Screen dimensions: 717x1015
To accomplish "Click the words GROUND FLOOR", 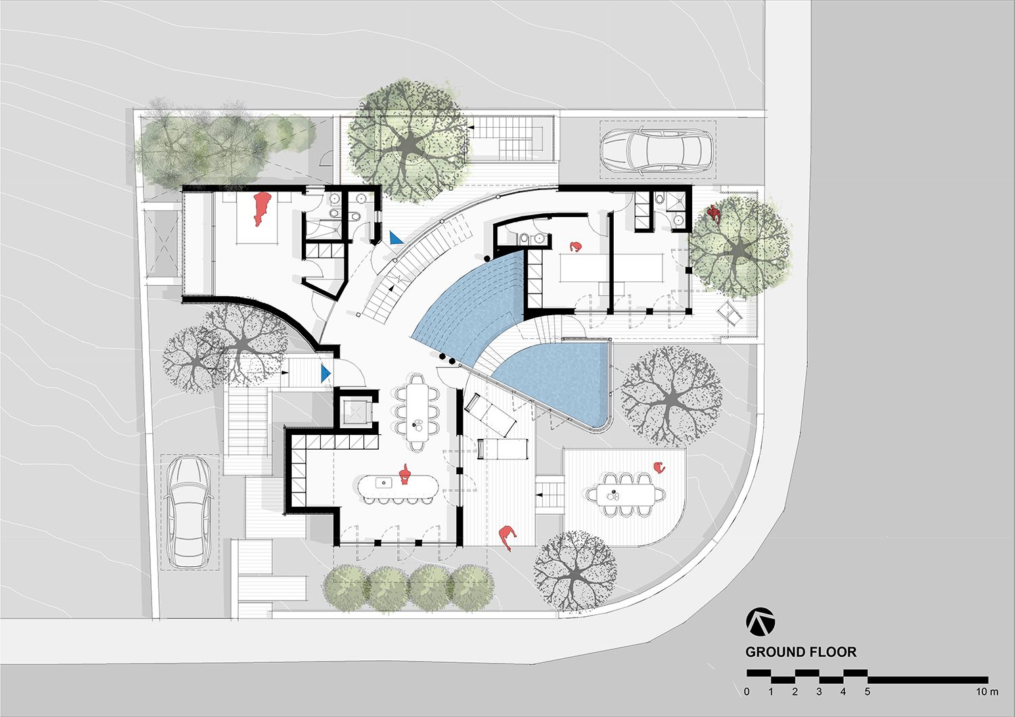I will coord(800,652).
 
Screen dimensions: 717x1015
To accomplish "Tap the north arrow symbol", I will coord(761,622).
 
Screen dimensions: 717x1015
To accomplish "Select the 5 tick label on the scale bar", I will coord(867,692).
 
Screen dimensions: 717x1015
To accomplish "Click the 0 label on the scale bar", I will coord(746,692).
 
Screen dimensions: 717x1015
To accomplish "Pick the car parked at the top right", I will coord(656,151).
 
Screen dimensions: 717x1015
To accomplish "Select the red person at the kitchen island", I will coord(405,475).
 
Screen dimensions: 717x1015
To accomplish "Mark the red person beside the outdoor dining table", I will coord(658,467).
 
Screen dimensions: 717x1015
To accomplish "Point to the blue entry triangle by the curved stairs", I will coord(395,237).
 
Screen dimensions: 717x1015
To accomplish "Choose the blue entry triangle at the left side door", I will coord(326,373).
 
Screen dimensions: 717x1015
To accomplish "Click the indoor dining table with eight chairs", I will coord(416,411).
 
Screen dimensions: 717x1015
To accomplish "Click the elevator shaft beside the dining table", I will coord(355,409).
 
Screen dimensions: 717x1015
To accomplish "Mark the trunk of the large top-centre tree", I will coord(409,143).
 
